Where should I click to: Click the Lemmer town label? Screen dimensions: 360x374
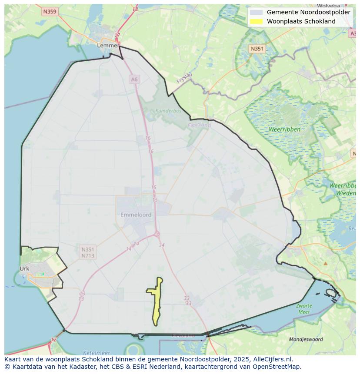click(x=108, y=45)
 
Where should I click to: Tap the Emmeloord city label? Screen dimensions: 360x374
click(x=136, y=215)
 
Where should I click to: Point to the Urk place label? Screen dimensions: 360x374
click(x=24, y=268)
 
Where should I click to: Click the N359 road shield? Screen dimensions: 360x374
click(x=50, y=12)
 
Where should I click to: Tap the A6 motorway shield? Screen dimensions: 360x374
click(x=134, y=79)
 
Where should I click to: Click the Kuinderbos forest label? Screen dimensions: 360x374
click(x=168, y=111)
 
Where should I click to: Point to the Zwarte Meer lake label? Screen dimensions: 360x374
click(x=304, y=309)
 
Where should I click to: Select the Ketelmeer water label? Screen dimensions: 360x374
click(x=96, y=353)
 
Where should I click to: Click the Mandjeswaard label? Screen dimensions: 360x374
click(x=306, y=339)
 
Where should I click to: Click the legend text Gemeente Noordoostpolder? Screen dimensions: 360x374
click(x=308, y=12)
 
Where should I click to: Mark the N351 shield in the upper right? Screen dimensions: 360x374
click(x=257, y=49)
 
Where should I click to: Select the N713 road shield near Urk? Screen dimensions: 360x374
click(x=87, y=256)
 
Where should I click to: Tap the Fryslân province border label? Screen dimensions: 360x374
click(x=184, y=78)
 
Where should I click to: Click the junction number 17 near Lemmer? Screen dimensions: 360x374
click(x=117, y=35)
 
